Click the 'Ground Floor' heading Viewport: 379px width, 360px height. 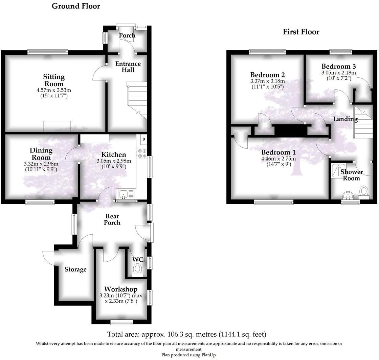click(x=76, y=6)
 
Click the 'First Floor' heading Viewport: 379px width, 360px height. click(x=301, y=32)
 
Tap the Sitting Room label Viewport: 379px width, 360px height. click(x=54, y=80)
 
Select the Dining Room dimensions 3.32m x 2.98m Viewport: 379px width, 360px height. click(x=41, y=164)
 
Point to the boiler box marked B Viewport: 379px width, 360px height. click(x=143, y=139)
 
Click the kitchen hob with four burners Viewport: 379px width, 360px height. click(x=142, y=153)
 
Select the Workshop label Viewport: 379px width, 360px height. click(x=120, y=289)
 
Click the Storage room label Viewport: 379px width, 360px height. click(x=75, y=269)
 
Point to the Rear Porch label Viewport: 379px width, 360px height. click(x=112, y=219)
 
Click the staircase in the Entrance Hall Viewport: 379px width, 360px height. click(x=137, y=98)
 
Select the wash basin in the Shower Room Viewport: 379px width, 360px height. click(x=348, y=195)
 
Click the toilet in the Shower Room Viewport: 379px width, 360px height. click(x=364, y=191)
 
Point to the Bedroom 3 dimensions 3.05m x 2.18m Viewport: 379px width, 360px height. click(x=338, y=73)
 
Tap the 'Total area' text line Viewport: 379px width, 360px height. click(x=186, y=334)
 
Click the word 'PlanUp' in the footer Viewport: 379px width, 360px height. click(x=208, y=355)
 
